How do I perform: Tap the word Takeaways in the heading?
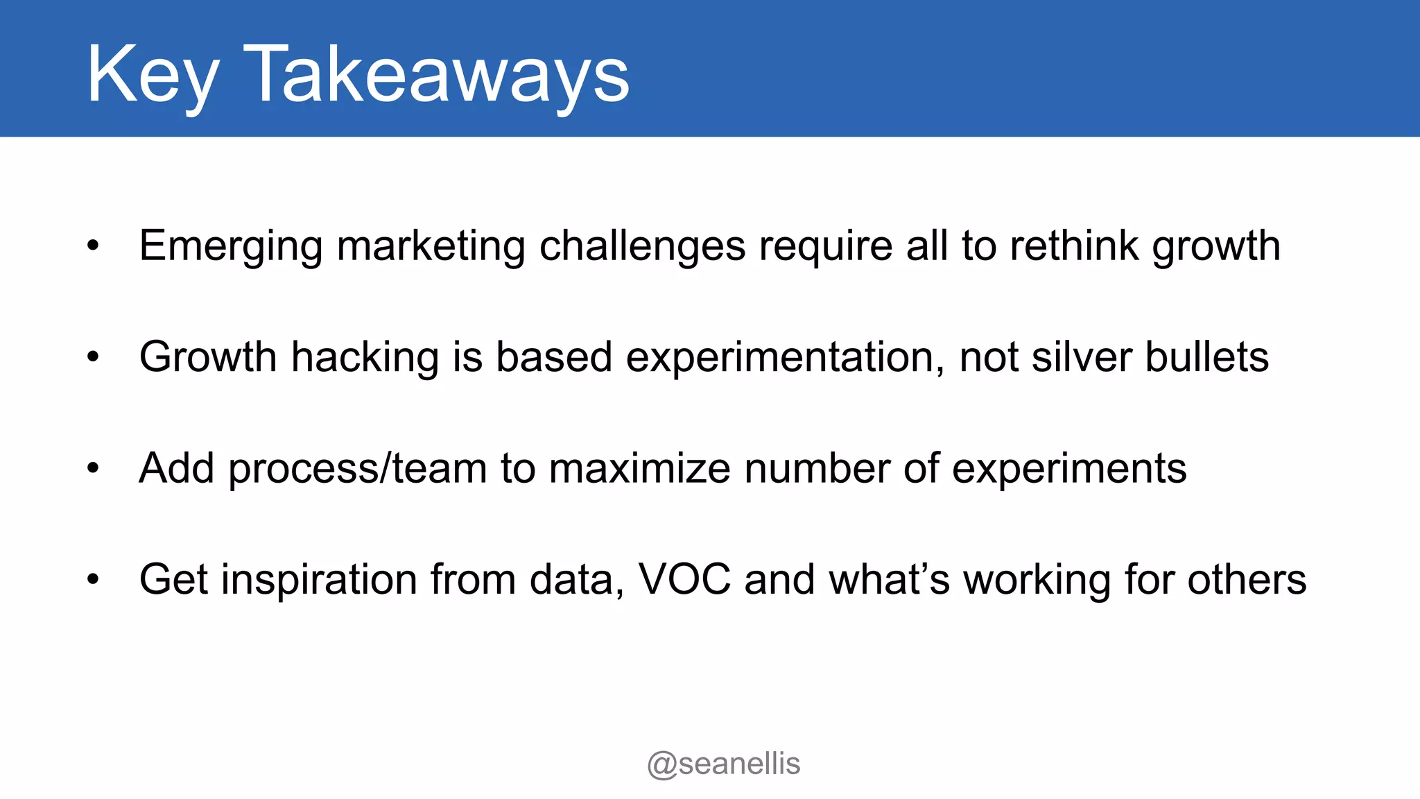(436, 75)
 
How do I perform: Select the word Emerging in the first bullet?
(231, 246)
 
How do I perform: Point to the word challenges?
(642, 246)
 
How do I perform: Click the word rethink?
(1074, 246)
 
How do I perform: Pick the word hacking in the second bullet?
(365, 358)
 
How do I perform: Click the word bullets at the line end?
(1206, 358)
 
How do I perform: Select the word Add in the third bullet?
(176, 469)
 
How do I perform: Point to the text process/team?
(358, 469)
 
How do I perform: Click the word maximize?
(639, 469)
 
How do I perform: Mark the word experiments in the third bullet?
(1069, 469)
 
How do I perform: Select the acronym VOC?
(684, 580)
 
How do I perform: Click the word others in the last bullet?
(1247, 580)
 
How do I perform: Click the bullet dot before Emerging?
(94, 246)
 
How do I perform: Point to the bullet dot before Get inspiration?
(94, 579)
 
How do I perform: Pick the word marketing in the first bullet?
(431, 246)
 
